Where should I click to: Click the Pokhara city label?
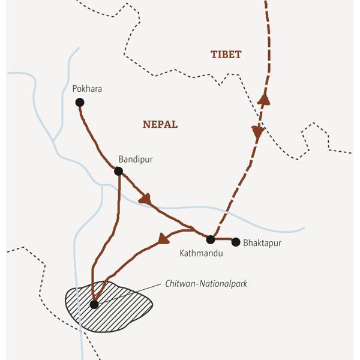click(87, 89)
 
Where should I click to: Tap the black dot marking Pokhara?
click(80, 103)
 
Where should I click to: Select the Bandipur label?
click(136, 159)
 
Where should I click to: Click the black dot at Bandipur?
click(118, 171)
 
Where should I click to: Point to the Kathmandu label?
click(201, 253)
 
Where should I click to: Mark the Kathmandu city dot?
click(210, 239)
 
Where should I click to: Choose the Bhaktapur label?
click(262, 244)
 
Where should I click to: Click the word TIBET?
click(226, 55)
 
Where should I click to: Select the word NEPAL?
click(160, 124)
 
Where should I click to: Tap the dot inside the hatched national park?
click(94, 304)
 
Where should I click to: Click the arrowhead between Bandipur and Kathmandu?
click(144, 197)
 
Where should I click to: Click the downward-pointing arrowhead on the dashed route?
click(257, 133)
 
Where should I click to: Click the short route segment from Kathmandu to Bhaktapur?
click(223, 239)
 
